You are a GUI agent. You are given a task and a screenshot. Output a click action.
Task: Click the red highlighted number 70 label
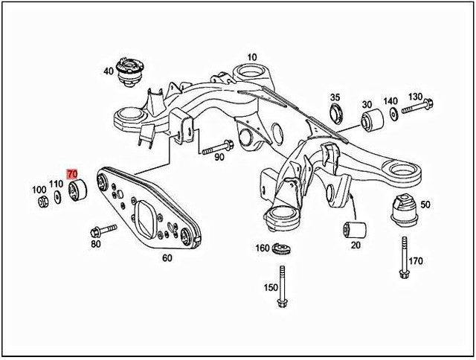coord(72,174)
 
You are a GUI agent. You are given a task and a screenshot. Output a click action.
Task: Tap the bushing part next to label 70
coord(77,190)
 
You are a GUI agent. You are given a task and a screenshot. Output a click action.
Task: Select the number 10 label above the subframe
coord(252,57)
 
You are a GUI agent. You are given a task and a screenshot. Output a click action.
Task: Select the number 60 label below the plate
coord(167,258)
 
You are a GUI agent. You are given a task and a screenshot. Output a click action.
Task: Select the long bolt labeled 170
coord(403,257)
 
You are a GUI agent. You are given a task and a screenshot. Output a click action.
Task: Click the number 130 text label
coord(415,97)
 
